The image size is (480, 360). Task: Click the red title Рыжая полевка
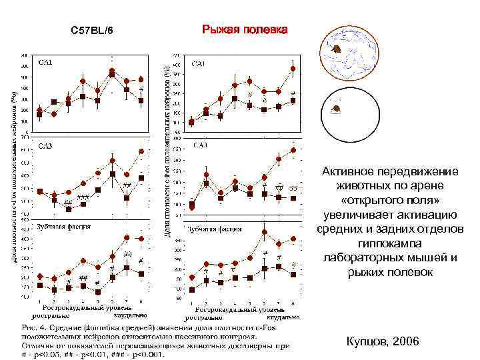[245, 31]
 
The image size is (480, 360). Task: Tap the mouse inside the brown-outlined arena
[339, 49]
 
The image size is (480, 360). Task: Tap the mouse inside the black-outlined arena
[337, 108]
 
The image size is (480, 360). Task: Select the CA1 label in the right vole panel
[199, 64]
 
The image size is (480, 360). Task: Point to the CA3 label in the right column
[199, 145]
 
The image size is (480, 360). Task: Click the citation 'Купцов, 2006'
[383, 341]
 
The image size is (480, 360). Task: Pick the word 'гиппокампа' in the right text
[389, 243]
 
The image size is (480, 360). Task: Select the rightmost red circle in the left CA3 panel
[141, 151]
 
